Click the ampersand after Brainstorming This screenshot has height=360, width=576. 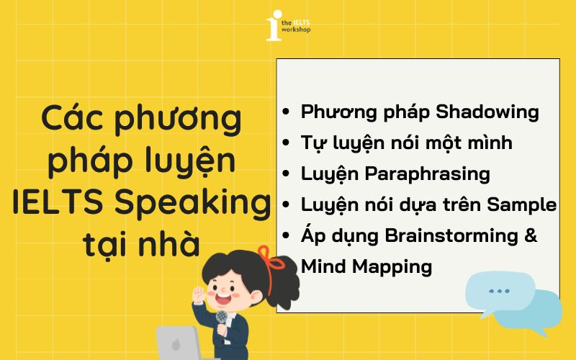pyautogui.click(x=531, y=235)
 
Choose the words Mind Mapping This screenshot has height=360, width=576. pyautogui.click(x=366, y=266)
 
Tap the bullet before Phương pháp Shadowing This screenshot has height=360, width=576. pyautogui.click(x=287, y=113)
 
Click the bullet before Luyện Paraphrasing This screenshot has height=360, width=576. pyautogui.click(x=287, y=175)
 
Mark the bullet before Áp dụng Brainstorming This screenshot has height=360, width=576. pyautogui.click(x=287, y=237)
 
